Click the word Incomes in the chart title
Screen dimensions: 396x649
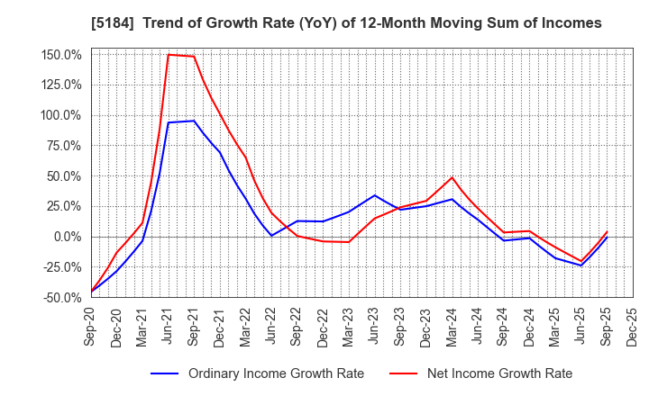coord(569,22)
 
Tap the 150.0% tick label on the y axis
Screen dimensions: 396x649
coord(61,54)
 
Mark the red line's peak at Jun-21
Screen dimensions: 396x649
coord(169,54)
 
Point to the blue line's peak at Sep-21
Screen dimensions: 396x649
coord(194,121)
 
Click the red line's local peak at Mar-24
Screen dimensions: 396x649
coord(452,176)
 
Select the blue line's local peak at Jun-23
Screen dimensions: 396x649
coord(375,195)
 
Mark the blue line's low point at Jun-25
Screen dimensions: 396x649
coord(581,265)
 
